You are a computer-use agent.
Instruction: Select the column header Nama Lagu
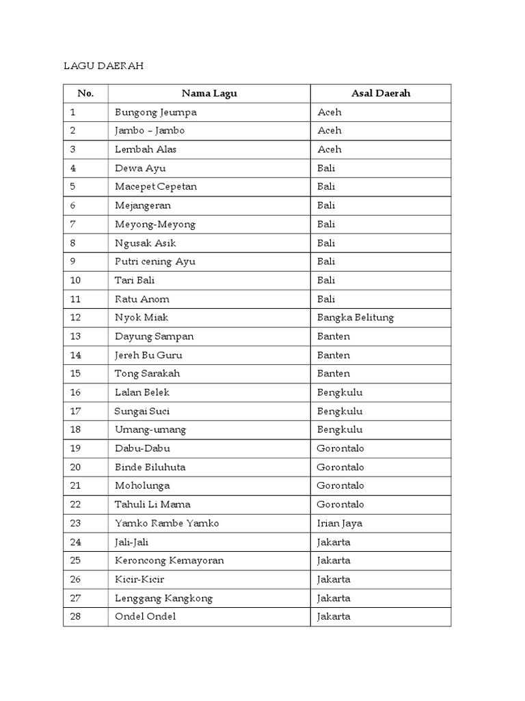(209, 93)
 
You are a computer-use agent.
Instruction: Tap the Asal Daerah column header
(381, 93)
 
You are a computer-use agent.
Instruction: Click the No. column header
(85, 93)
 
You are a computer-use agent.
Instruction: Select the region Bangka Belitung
(355, 318)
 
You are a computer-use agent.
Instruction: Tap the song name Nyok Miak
(142, 318)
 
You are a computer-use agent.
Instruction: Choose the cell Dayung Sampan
(154, 336)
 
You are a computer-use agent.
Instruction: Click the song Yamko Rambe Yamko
(167, 523)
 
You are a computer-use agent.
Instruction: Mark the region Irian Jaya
(340, 523)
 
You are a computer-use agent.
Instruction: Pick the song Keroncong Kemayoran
(169, 560)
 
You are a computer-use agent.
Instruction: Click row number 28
(75, 616)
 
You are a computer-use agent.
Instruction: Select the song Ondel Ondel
(145, 616)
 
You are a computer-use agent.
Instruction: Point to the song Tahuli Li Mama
(152, 505)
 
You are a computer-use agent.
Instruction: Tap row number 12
(75, 318)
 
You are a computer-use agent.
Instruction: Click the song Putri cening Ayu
(155, 262)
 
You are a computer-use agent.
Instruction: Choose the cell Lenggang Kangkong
(163, 598)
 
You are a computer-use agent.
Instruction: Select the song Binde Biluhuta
(150, 467)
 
